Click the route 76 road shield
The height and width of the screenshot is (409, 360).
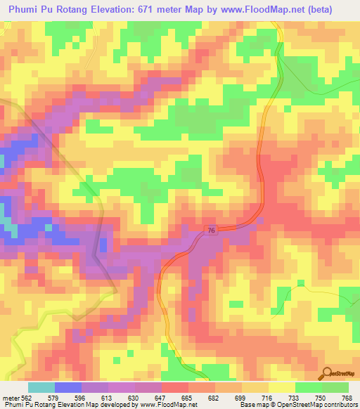(212, 231)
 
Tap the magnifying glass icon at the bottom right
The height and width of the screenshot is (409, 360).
(327, 373)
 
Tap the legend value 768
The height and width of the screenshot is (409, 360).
(347, 398)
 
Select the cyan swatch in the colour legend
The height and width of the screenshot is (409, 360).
(41, 387)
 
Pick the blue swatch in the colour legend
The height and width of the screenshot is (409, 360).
(67, 387)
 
